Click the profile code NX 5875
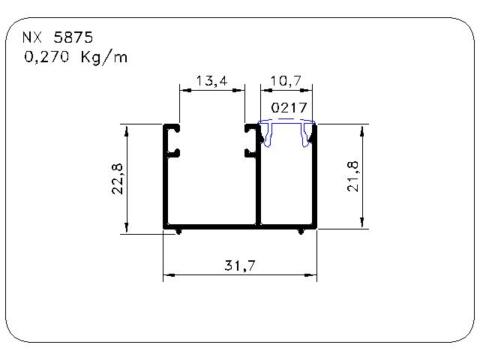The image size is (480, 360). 58,37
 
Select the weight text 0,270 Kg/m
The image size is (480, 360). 76,57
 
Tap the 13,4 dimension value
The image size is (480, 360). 211,81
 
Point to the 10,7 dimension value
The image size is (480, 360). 286,81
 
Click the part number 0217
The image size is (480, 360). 289,108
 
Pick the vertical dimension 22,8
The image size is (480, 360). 118,178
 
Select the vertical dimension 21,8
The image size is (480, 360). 352,177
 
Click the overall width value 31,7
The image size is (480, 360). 240,265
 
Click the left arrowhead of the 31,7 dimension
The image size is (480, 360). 169,275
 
